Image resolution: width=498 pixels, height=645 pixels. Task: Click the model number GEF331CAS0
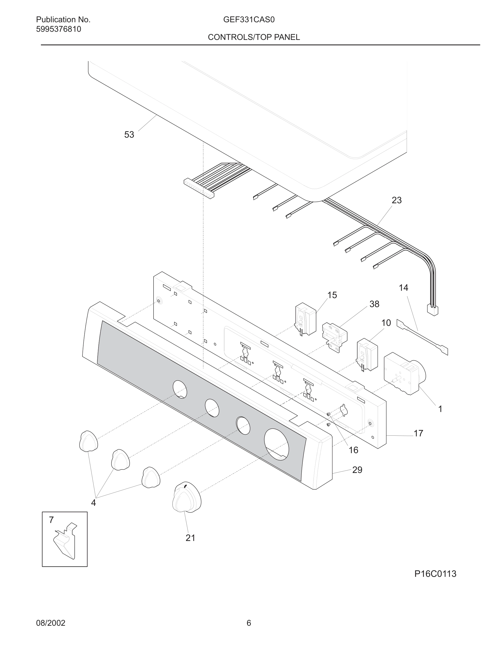249,20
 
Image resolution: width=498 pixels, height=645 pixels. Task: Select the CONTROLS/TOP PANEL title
254,37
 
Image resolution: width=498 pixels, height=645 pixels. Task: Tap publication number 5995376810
58,29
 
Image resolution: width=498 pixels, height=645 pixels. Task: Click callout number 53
129,135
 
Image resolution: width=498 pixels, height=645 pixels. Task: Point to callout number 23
397,200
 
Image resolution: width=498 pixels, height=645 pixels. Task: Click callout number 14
403,288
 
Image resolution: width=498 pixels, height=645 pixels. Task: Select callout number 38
374,304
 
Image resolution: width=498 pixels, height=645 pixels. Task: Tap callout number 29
357,470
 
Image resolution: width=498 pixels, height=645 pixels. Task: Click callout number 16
353,450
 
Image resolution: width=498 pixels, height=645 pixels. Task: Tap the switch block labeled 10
367,354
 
